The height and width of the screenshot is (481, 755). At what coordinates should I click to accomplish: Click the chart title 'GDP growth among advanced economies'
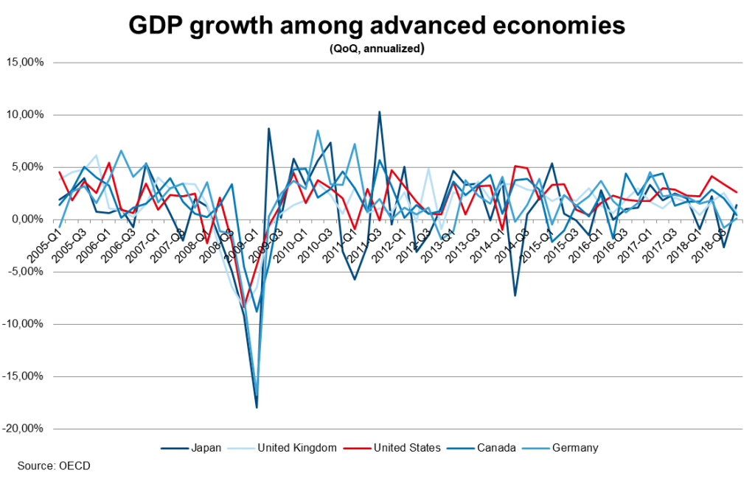click(377, 26)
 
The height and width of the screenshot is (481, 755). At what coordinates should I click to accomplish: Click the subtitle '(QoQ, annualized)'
click(377, 49)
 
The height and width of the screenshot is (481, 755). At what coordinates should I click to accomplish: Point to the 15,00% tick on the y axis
click(27, 62)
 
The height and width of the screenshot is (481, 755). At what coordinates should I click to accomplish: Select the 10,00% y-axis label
click(27, 115)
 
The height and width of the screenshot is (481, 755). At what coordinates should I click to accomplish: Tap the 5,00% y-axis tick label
click(29, 167)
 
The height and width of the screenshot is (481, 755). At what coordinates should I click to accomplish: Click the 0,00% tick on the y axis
click(29, 220)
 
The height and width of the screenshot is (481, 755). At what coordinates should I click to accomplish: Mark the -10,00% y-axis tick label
click(25, 324)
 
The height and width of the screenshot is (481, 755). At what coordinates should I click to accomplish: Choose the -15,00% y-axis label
click(25, 376)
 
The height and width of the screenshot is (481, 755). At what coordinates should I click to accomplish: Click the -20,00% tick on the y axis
click(25, 429)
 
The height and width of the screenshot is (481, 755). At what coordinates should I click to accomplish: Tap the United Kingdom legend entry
click(292, 447)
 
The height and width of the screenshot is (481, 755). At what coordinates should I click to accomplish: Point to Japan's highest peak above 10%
click(379, 112)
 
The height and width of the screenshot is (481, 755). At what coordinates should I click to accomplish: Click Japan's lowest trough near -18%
click(257, 407)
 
